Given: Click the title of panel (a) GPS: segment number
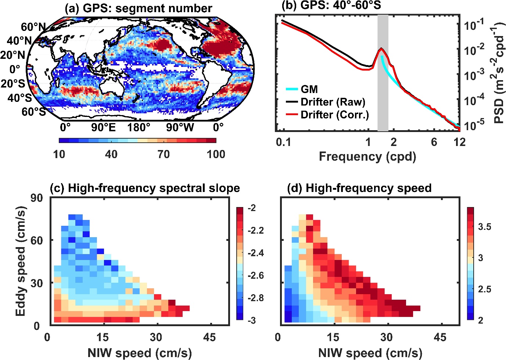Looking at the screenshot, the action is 138,8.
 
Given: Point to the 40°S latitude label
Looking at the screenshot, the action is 19,98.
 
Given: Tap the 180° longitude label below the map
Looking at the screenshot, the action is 139,128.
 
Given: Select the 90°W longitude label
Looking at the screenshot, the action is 180,128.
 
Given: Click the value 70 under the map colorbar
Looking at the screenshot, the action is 164,154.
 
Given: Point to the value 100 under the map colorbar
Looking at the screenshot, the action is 216,154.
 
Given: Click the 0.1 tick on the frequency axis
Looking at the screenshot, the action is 283,142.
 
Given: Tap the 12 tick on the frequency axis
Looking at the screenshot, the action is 459,142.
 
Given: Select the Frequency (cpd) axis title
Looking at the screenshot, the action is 367,156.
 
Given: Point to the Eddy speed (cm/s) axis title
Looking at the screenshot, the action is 21,261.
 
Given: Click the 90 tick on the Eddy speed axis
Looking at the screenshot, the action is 37,198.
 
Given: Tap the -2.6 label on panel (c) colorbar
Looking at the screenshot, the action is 256,275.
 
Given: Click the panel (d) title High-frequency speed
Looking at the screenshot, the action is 359,188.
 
